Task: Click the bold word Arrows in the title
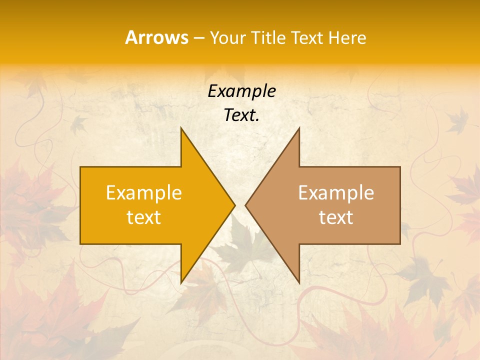click(x=156, y=37)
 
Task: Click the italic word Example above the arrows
click(x=241, y=91)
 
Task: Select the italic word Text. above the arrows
click(x=241, y=115)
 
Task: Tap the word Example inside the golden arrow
click(x=144, y=193)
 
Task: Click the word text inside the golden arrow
click(x=144, y=217)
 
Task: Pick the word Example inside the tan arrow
click(x=336, y=193)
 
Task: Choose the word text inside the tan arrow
click(x=336, y=217)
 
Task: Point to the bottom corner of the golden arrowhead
click(x=181, y=281)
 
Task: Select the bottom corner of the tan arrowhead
click(x=298, y=281)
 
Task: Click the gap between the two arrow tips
click(x=240, y=205)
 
